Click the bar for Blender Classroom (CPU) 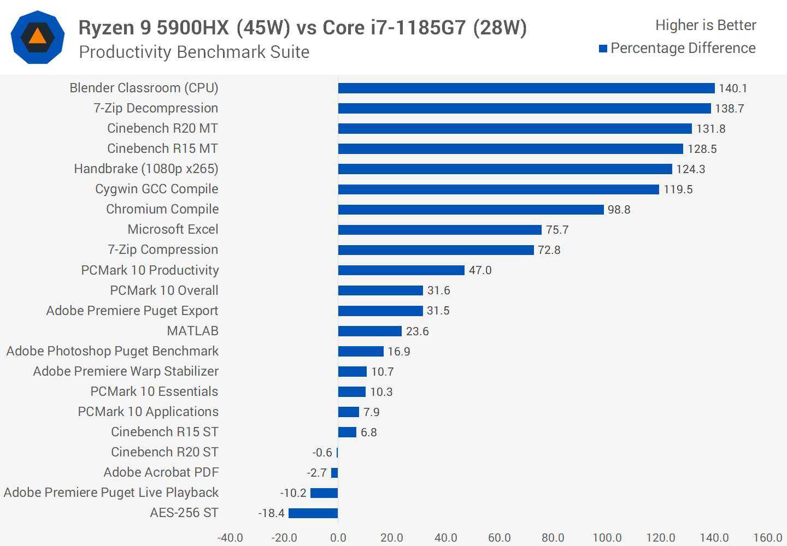[x=526, y=88]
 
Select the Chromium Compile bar [x=471, y=210]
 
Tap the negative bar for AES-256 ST [x=313, y=513]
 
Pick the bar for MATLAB [x=370, y=331]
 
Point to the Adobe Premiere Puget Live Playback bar [x=324, y=493]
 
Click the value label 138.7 [x=730, y=109]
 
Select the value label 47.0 [x=480, y=270]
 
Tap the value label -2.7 [x=317, y=473]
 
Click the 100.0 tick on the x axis [x=607, y=538]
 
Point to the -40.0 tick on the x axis [x=230, y=538]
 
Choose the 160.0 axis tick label [x=767, y=538]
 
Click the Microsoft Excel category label [x=173, y=229]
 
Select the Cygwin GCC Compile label [x=156, y=189]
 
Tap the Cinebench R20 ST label [x=165, y=452]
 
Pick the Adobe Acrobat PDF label [x=161, y=472]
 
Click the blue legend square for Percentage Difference [x=603, y=49]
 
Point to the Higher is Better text [x=706, y=25]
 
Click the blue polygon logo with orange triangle [x=38, y=37]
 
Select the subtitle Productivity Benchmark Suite [x=194, y=52]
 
